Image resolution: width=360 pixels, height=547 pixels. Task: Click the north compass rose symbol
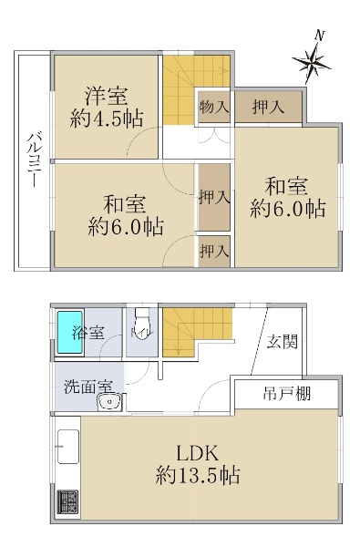312,63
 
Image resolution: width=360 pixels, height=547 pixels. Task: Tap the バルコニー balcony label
32,160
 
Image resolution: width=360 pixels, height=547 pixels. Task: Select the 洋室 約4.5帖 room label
107,106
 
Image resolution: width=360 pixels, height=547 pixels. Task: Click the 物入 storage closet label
214,108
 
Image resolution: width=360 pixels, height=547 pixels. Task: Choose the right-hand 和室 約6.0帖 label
288,197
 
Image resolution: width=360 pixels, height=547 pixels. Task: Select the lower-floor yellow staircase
195,325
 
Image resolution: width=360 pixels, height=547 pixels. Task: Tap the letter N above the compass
319,36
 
